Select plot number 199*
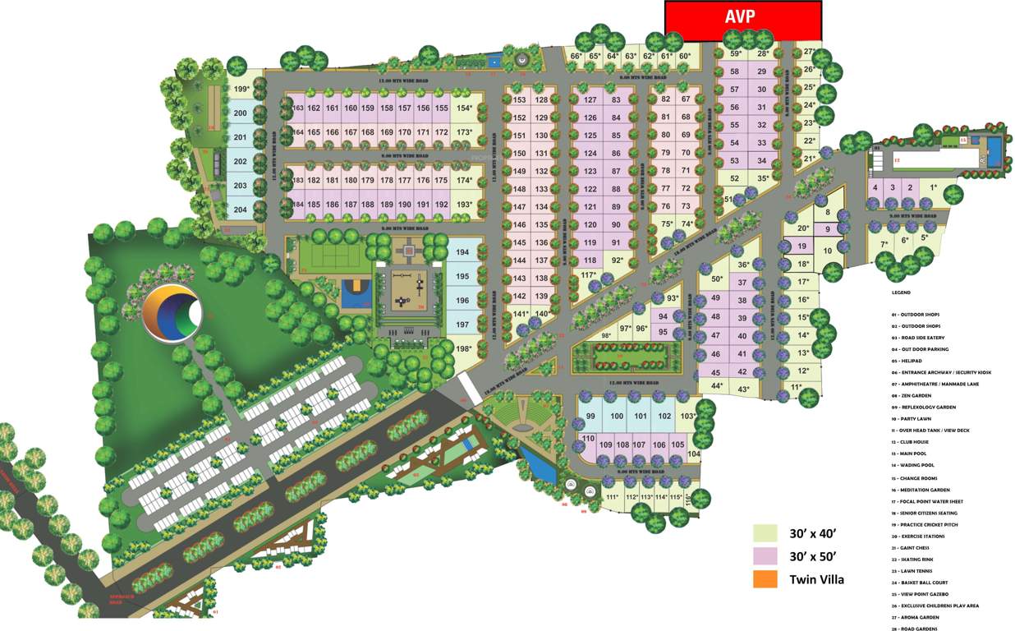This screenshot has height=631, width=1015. (x=241, y=89)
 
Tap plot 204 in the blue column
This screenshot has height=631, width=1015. (x=240, y=209)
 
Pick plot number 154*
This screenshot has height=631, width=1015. (x=466, y=108)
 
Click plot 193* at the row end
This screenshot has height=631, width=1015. (x=466, y=205)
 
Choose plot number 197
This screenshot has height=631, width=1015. (x=462, y=325)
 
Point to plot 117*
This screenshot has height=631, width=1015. (x=588, y=275)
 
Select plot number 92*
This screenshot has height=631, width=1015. (x=618, y=260)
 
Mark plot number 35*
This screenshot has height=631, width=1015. (x=763, y=178)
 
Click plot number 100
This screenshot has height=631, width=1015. (x=617, y=417)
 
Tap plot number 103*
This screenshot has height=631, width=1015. (x=688, y=417)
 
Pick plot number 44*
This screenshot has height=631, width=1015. (x=716, y=385)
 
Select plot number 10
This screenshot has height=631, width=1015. (x=828, y=251)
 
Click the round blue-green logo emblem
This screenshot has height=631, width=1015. (x=171, y=313)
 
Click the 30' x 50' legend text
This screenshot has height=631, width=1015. (x=813, y=556)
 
